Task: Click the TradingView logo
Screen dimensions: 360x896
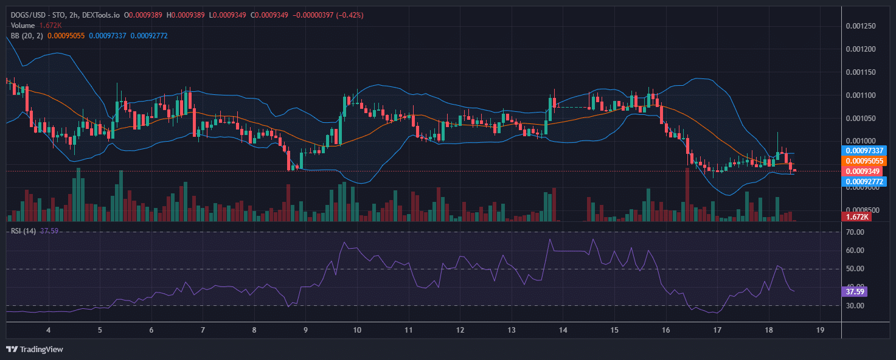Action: coord(35,349)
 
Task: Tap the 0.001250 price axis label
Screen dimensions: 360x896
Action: coord(862,26)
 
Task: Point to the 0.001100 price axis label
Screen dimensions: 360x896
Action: coord(862,95)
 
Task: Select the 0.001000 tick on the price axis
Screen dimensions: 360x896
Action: coord(862,141)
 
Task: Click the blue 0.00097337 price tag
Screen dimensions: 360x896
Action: coord(863,150)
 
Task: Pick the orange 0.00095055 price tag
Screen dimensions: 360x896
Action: coord(863,161)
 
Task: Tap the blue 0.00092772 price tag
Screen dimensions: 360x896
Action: coord(863,181)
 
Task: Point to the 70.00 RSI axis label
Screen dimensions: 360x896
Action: coord(855,232)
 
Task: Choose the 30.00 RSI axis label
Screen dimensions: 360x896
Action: coord(855,305)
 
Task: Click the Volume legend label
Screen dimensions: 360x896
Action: coord(23,26)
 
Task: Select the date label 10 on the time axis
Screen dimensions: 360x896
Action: coord(357,330)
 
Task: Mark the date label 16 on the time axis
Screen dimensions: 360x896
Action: coord(666,330)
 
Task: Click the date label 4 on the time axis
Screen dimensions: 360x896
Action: coord(48,330)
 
